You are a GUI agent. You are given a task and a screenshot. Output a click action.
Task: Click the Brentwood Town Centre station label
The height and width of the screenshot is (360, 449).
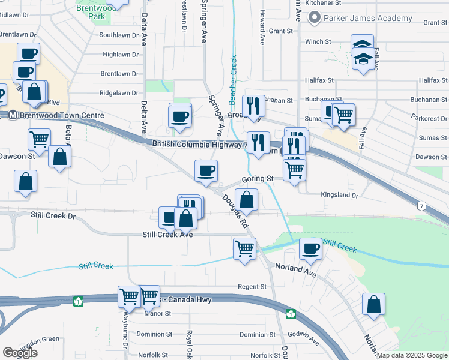click(x=60, y=115)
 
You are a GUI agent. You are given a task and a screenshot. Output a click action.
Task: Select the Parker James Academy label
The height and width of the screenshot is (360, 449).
click(x=367, y=18)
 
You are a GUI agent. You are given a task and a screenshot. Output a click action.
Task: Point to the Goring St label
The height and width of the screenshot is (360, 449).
click(x=258, y=179)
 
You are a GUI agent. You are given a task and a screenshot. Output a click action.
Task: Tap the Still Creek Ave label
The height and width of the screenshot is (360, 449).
click(x=167, y=235)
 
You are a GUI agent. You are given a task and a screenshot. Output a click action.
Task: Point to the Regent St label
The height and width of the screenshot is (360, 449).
click(x=252, y=287)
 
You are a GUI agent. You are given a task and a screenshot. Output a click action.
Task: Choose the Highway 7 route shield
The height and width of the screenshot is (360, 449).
click(x=423, y=206)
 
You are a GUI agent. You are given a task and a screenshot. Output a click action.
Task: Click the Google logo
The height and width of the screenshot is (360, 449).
click(x=20, y=353)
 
